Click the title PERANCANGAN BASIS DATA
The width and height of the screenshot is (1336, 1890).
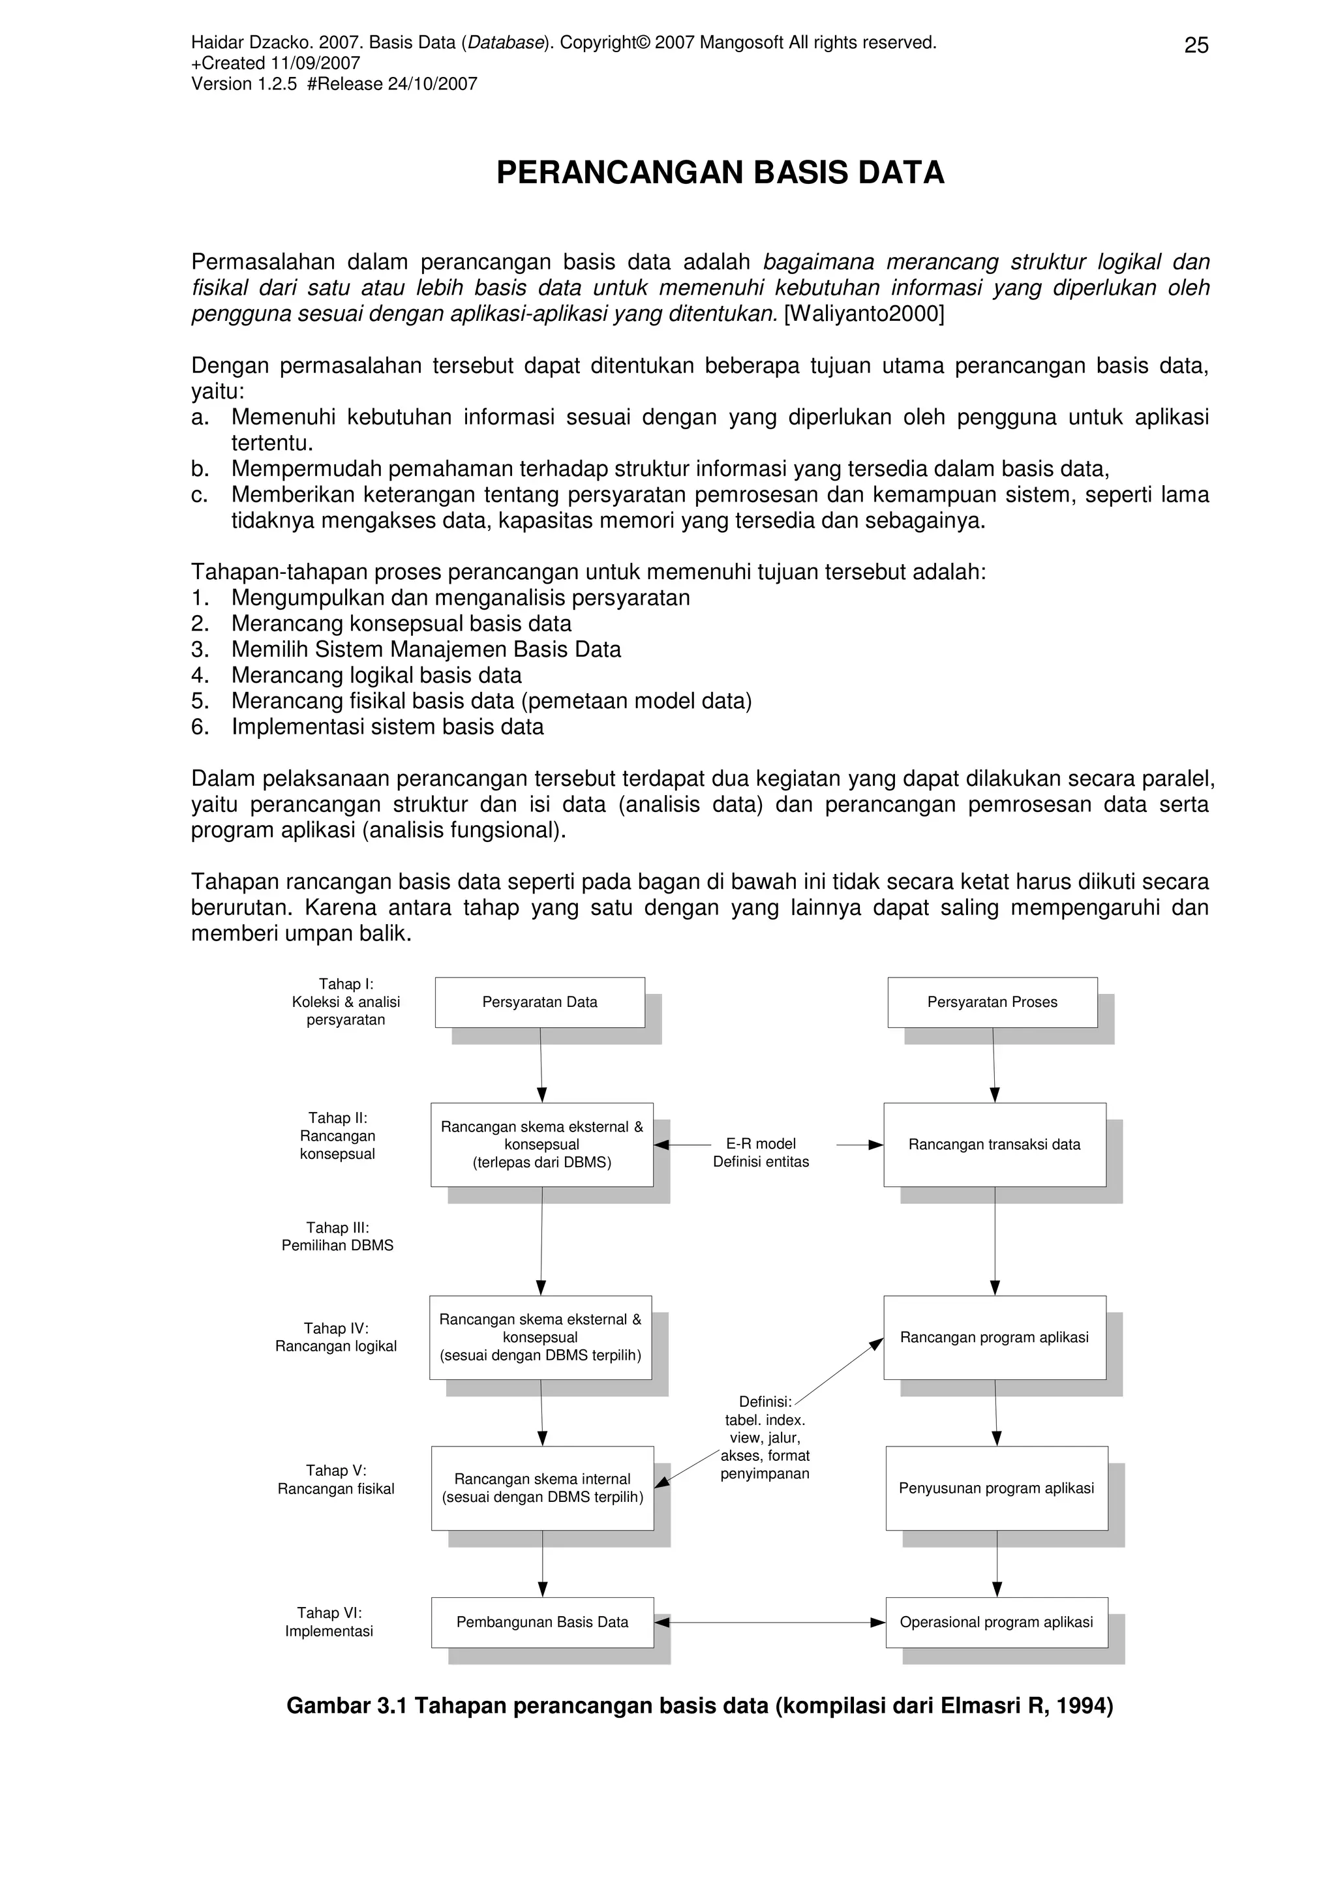(x=720, y=173)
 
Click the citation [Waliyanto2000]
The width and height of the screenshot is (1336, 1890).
(x=864, y=314)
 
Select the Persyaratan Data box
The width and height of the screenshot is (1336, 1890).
(x=539, y=1002)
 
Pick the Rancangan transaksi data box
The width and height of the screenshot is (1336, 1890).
(x=994, y=1144)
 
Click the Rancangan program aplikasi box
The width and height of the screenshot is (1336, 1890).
(x=994, y=1337)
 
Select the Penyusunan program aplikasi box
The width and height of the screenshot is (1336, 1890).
(x=996, y=1488)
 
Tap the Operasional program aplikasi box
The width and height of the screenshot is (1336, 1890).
(x=996, y=1622)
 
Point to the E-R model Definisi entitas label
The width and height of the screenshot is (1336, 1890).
(x=761, y=1152)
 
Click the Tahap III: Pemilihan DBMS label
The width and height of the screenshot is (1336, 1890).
(x=337, y=1237)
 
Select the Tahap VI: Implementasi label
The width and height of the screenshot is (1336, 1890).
(x=329, y=1622)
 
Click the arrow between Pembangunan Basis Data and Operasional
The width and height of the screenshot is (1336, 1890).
(x=770, y=1623)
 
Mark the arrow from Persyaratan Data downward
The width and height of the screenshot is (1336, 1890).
(x=541, y=1064)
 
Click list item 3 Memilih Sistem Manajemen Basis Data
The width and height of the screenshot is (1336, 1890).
(x=425, y=650)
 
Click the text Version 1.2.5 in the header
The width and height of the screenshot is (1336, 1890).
(x=244, y=84)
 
